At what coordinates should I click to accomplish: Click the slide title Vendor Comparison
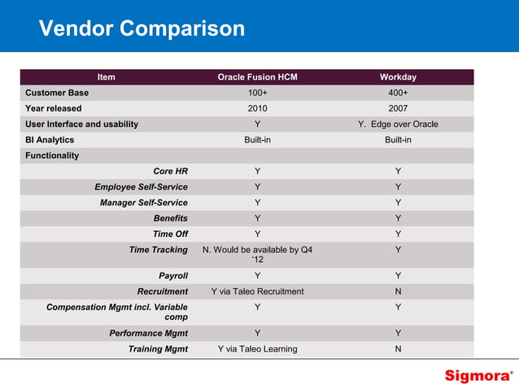pyautogui.click(x=142, y=28)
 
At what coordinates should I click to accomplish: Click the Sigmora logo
pyautogui.click(x=478, y=376)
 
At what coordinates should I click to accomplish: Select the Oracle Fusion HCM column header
pyautogui.click(x=257, y=77)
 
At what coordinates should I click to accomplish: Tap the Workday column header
pyautogui.click(x=398, y=77)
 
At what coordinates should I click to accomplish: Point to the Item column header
pyautogui.click(x=106, y=77)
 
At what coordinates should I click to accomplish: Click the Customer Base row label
pyautogui.click(x=57, y=93)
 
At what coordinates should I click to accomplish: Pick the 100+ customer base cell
pyautogui.click(x=257, y=93)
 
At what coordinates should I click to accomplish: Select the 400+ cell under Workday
pyautogui.click(x=398, y=93)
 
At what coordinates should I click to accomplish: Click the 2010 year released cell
pyautogui.click(x=257, y=108)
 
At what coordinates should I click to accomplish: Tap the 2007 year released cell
pyautogui.click(x=398, y=108)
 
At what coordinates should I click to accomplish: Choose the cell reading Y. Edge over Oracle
pyautogui.click(x=398, y=125)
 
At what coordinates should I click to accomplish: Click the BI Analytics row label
pyautogui.click(x=50, y=140)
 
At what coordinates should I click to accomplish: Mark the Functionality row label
pyautogui.click(x=52, y=155)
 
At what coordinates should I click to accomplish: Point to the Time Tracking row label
pyautogui.click(x=158, y=250)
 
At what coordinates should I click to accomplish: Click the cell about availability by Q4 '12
pyautogui.click(x=257, y=255)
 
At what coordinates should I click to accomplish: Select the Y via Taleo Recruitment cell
pyautogui.click(x=257, y=291)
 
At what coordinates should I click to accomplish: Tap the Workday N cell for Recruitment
pyautogui.click(x=398, y=291)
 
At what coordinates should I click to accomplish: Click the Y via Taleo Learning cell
pyautogui.click(x=257, y=349)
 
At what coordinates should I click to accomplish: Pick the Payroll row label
pyautogui.click(x=172, y=276)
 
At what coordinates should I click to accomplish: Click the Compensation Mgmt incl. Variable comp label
pyautogui.click(x=117, y=312)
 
